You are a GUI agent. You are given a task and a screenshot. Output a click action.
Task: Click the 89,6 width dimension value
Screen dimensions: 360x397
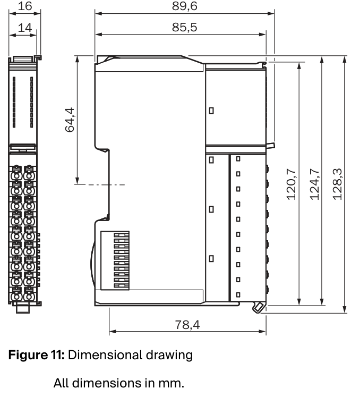pyautogui.click(x=184, y=6)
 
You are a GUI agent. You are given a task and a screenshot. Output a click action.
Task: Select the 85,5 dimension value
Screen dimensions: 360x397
pyautogui.click(x=184, y=27)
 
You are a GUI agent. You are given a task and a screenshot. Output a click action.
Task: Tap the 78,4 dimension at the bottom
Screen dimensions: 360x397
pyautogui.click(x=187, y=325)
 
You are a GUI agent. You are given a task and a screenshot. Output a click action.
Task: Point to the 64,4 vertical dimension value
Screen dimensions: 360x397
pyautogui.click(x=70, y=120)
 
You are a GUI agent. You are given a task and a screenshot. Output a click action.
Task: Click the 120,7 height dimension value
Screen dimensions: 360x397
pyautogui.click(x=291, y=184)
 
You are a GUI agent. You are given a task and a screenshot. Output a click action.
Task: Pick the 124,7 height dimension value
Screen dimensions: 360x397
pyautogui.click(x=315, y=184)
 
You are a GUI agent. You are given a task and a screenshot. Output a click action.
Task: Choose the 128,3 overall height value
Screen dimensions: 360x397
pyautogui.click(x=337, y=184)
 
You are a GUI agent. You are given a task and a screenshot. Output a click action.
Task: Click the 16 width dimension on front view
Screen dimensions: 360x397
pyautogui.click(x=25, y=6)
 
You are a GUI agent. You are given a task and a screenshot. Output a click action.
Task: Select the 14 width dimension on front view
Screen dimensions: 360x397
pyautogui.click(x=25, y=28)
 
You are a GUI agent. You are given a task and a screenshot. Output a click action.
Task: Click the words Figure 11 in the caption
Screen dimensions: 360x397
pyautogui.click(x=37, y=355)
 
